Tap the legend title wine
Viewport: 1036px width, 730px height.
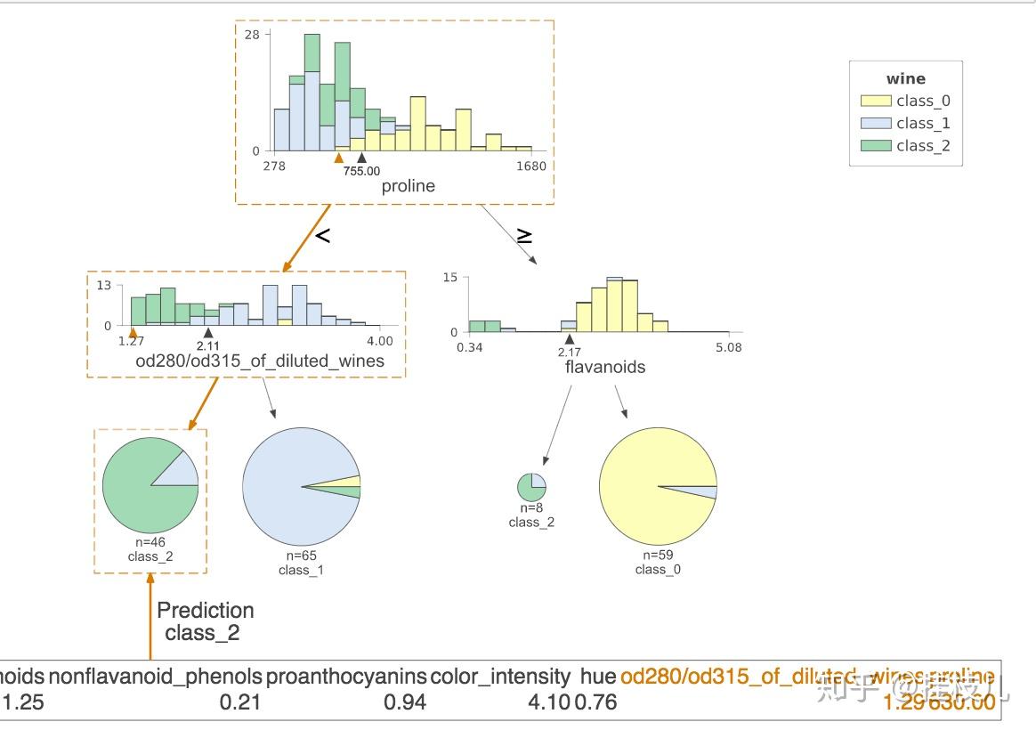pyautogui.click(x=905, y=78)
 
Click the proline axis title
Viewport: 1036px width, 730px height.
pyautogui.click(x=408, y=186)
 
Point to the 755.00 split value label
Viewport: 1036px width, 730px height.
pyautogui.click(x=361, y=171)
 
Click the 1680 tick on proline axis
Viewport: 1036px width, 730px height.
pyautogui.click(x=531, y=166)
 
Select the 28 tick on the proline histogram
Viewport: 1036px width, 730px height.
pyautogui.click(x=253, y=35)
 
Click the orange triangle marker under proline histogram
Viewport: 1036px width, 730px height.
pyautogui.click(x=337, y=158)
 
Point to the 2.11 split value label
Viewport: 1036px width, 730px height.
pyautogui.click(x=206, y=345)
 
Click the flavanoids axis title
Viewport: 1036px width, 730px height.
pyautogui.click(x=604, y=367)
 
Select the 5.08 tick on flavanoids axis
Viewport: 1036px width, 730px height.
pyautogui.click(x=727, y=347)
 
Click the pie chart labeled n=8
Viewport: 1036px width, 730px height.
pyautogui.click(x=531, y=488)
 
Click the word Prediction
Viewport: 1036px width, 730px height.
pyautogui.click(x=205, y=611)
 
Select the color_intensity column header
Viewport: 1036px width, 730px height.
pyautogui.click(x=499, y=677)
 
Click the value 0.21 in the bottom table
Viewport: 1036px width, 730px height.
pyautogui.click(x=240, y=702)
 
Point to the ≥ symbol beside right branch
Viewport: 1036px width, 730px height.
pyautogui.click(x=525, y=236)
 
